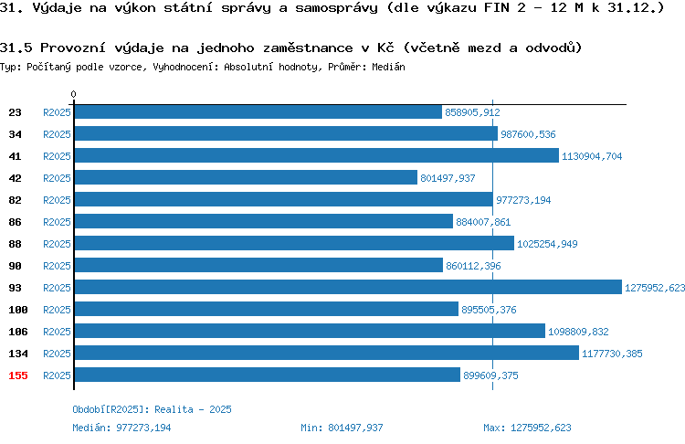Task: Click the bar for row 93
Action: coord(348,287)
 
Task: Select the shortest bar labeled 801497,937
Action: coord(246,177)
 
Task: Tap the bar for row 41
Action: coord(317,155)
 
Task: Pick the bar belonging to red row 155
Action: coord(268,375)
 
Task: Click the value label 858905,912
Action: coord(472,112)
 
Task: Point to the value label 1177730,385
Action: coord(612,354)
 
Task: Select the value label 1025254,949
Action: coord(547,244)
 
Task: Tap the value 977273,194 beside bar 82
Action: coord(523,200)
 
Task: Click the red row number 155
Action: coord(18,375)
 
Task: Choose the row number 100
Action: coord(18,310)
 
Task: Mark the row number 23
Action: coord(15,112)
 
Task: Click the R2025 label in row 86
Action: coord(57,222)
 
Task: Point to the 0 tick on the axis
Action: coord(73,94)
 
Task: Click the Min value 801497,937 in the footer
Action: coord(355,428)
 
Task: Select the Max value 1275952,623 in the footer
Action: coord(541,428)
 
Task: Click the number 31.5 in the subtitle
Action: coord(16,48)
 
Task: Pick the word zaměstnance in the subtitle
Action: coord(308,48)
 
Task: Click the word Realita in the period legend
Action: coord(174,409)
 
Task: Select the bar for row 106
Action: coord(310,331)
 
